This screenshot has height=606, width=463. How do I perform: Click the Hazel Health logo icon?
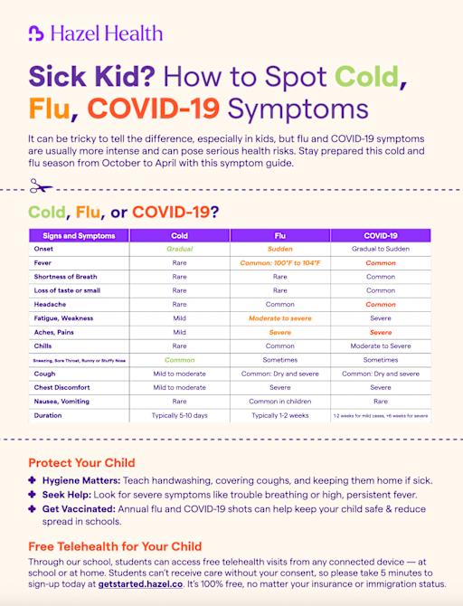[35, 33]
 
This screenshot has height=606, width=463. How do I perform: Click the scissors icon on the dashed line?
[39, 188]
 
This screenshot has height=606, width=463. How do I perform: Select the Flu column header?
[280, 235]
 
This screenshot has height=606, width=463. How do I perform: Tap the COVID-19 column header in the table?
[380, 235]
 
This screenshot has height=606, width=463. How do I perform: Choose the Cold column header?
[179, 235]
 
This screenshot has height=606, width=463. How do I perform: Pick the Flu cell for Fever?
[280, 262]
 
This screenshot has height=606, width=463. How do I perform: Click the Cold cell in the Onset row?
[179, 249]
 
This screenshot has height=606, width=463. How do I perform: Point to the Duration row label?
[48, 415]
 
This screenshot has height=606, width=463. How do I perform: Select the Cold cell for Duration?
[179, 415]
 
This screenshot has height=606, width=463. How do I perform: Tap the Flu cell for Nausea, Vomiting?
[280, 401]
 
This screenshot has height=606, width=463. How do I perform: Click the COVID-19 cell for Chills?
[380, 346]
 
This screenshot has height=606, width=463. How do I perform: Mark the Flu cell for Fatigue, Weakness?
[280, 318]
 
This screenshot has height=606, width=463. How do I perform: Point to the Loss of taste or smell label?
[67, 290]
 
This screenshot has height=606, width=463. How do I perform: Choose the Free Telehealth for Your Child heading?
[115, 546]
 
